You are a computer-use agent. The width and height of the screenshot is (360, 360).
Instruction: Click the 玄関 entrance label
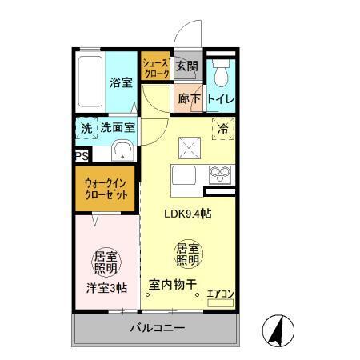tap(186, 66)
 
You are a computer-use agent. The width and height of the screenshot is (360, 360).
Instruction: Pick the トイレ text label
tap(220, 100)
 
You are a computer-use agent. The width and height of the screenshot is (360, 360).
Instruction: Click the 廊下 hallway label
tap(188, 100)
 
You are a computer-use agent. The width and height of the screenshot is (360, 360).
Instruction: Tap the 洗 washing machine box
tap(86, 128)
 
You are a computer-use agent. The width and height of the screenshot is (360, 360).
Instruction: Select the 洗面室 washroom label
tap(117, 128)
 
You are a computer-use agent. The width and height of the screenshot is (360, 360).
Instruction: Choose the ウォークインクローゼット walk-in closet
tap(106, 190)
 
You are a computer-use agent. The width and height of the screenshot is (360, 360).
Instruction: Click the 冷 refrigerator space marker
tap(223, 129)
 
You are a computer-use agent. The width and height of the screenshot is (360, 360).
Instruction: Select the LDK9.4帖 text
tap(188, 214)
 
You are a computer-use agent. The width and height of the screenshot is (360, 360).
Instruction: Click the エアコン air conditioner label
tap(219, 293)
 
